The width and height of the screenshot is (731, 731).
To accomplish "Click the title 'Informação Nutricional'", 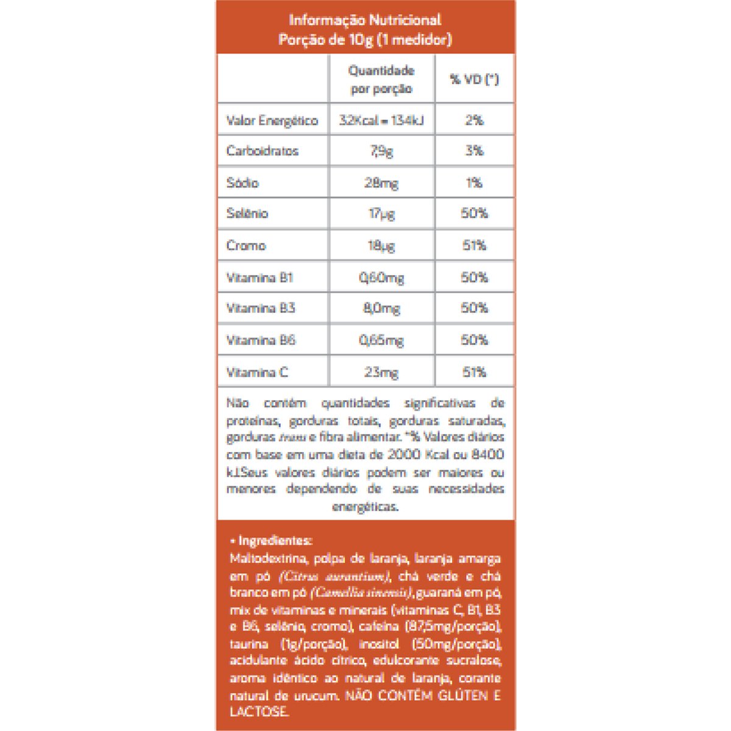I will pos(365,20).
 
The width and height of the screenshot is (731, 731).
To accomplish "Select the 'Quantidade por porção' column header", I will pos(381,79).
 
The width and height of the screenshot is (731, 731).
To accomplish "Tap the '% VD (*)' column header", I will pos(475,79).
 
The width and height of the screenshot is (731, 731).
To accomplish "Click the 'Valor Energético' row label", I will pos(272,121).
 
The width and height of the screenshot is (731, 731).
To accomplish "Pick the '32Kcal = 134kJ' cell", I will pos(381,121).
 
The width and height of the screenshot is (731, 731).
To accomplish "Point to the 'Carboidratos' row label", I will pos(263,151).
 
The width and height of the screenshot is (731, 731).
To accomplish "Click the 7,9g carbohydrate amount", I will pos(381,151).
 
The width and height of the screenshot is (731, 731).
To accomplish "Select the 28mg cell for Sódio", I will pos(381,183).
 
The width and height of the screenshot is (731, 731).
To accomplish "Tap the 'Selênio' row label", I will pos(247,214).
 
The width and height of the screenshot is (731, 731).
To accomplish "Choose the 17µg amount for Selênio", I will pos(381,214).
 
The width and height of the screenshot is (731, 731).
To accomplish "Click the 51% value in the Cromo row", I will pos(475,245).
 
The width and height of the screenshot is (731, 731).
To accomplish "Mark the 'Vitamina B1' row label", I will pos(260,278).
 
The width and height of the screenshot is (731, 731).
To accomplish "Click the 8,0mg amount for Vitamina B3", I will pos(381,308).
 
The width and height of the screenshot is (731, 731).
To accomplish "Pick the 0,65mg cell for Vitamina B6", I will pos(381,340).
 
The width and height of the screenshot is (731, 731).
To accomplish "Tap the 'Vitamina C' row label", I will pos(257,372).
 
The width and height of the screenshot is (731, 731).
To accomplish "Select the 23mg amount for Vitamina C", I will pos(381,372).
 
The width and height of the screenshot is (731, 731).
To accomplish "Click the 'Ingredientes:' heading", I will pos(274,540).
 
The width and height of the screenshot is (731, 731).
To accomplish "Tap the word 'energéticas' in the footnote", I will pos(365,506).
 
